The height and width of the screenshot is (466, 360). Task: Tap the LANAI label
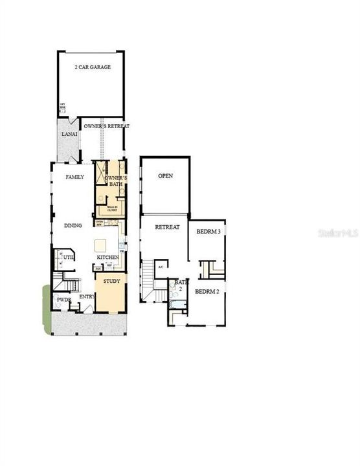(69, 135)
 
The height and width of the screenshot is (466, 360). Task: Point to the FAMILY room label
(74, 177)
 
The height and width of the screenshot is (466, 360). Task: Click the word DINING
(73, 226)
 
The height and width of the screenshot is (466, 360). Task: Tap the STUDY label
(111, 282)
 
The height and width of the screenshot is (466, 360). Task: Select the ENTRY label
(86, 297)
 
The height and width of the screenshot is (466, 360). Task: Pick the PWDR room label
(63, 300)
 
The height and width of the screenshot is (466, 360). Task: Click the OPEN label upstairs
(165, 176)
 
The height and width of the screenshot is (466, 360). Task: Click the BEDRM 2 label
(208, 291)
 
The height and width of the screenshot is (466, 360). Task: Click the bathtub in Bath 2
(177, 304)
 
